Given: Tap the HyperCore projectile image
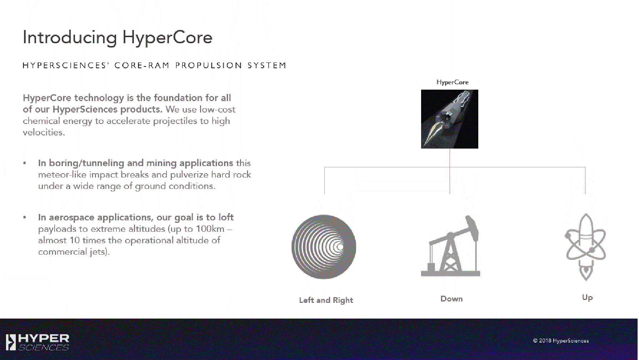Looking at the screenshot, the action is click(449, 119).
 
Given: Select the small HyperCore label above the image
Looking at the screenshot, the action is click(452, 82).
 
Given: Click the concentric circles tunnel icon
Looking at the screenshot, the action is click(324, 247).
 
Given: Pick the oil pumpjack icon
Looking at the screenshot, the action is click(451, 246).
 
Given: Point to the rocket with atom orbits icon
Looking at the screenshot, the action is click(585, 247).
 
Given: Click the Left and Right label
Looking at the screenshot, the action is click(326, 300).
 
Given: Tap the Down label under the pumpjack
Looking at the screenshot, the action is click(451, 299).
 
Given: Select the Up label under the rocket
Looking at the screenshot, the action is click(587, 298).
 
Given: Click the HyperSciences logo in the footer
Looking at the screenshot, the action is click(38, 342).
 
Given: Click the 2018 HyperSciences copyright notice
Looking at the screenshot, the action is click(561, 341).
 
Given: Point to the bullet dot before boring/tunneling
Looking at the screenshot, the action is click(25, 163).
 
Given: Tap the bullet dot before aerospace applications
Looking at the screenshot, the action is click(25, 217).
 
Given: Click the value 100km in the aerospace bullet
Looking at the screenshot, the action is click(210, 229).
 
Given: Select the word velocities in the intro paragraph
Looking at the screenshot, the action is click(44, 132).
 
